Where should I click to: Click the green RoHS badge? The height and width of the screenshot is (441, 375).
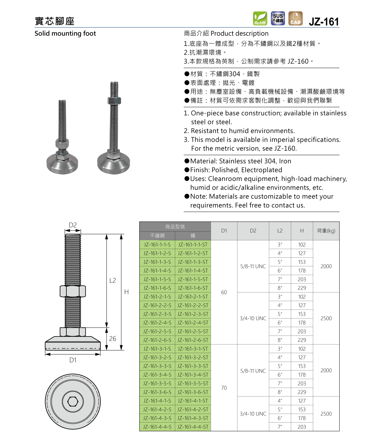[260, 18]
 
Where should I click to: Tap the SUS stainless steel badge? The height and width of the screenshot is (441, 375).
[278, 18]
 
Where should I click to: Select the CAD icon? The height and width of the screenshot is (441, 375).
[295, 18]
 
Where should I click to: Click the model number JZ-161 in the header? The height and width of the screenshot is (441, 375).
[324, 22]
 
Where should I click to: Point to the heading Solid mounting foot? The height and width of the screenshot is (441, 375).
[65, 34]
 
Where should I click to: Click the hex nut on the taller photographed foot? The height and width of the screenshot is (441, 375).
[114, 101]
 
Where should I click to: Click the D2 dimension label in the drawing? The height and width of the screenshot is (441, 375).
[73, 225]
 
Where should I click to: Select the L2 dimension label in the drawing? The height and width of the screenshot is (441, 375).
[112, 280]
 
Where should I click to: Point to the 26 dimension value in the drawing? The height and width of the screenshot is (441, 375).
[112, 339]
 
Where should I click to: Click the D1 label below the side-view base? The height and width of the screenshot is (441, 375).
[73, 360]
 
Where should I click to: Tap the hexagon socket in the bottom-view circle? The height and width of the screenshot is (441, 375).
[73, 401]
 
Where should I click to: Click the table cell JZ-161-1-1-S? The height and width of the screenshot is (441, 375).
[157, 244]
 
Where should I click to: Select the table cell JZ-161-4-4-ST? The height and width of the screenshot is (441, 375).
[193, 427]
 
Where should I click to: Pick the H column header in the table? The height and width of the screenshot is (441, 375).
[302, 231]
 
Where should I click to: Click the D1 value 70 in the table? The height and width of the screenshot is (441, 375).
[224, 388]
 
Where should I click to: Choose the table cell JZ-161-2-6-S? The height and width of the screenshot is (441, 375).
[157, 340]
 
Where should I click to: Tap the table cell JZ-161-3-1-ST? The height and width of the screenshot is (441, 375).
[193, 349]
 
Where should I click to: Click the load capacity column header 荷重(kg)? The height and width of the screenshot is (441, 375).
[326, 231]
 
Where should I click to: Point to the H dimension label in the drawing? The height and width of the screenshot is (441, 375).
[126, 292]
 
